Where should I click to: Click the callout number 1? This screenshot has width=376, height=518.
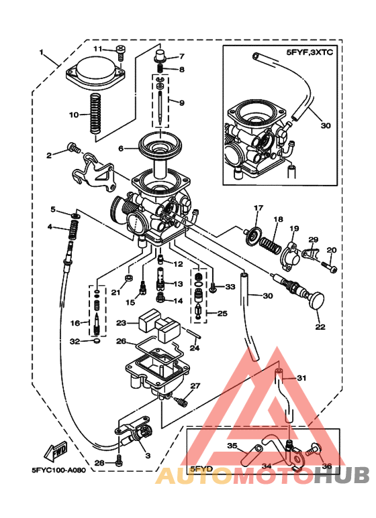click(x=41, y=52)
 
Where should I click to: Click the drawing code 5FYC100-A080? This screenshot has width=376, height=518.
click(x=58, y=470)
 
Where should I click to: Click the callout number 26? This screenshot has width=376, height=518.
click(x=121, y=341)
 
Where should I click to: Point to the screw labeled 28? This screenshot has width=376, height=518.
click(x=119, y=462)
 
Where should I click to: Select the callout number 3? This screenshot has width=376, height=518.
click(x=148, y=455)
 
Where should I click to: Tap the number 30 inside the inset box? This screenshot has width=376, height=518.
click(x=326, y=125)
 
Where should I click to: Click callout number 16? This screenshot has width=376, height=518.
click(x=76, y=323)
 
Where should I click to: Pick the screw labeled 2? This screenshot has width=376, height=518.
click(x=73, y=147)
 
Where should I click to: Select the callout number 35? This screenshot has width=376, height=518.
click(x=232, y=445)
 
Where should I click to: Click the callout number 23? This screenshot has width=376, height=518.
click(x=121, y=322)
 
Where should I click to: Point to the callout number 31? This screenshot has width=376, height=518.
click(x=301, y=378)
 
